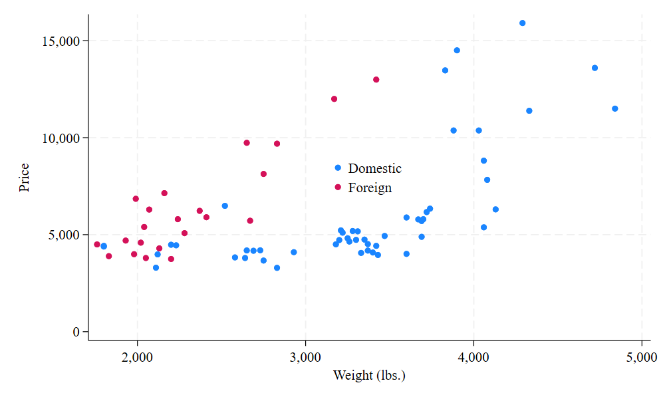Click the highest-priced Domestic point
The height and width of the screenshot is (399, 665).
coord(522,23)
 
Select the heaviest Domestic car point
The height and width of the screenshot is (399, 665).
coord(614,108)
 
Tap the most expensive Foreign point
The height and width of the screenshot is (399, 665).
coord(376,80)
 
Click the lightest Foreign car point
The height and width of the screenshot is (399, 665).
coord(97,245)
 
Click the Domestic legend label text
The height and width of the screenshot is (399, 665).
coord(374,169)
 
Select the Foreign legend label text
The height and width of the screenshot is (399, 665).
coord(370,188)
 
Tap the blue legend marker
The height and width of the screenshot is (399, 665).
coord(338,168)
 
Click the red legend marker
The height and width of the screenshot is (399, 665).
coord(338,188)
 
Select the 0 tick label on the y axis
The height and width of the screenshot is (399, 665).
coord(76,332)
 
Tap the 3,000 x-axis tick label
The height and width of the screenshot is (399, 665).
coord(305,357)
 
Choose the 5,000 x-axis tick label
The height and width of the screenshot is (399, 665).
coord(641,357)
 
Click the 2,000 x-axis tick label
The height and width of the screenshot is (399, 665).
coord(138,357)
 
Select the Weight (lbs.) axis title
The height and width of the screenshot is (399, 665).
coord(369,376)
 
